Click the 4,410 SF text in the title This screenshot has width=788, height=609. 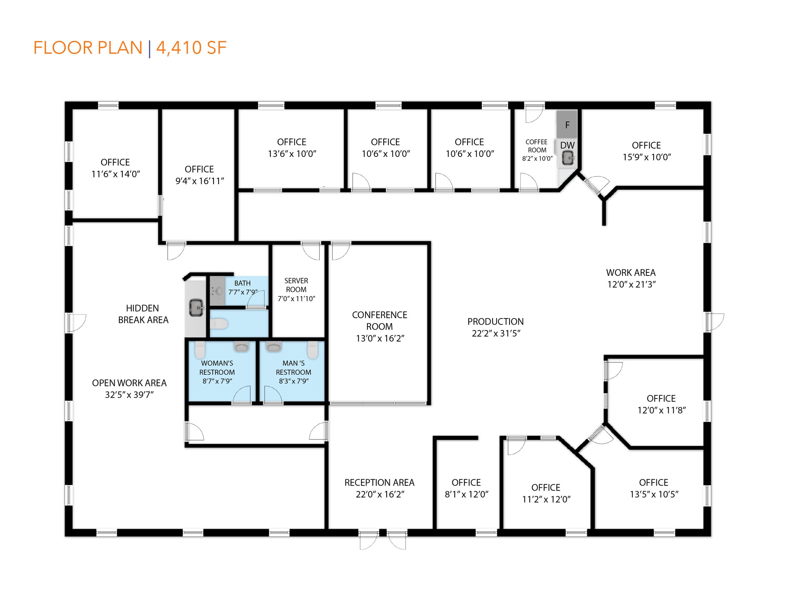click(191, 48)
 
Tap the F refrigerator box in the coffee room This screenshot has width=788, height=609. click(567, 124)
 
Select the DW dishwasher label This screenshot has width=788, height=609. click(567, 145)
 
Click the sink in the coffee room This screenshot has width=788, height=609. click(568, 158)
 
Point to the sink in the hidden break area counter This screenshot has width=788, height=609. click(196, 307)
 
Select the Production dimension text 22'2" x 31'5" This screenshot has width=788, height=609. click(496, 333)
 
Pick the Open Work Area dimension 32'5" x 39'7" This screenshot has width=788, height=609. click(129, 395)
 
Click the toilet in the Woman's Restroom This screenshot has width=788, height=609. click(200, 350)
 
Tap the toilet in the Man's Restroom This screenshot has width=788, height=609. click(313, 350)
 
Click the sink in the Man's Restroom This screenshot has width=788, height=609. click(274, 347)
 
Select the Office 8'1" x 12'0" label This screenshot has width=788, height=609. click(466, 488)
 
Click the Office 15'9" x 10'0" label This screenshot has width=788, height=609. click(646, 151)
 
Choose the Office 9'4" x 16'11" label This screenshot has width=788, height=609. click(199, 175)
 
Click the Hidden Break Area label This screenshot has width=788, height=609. click(143, 314)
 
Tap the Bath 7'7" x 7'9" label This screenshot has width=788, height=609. click(242, 287)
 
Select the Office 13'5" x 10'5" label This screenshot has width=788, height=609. click(654, 488)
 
